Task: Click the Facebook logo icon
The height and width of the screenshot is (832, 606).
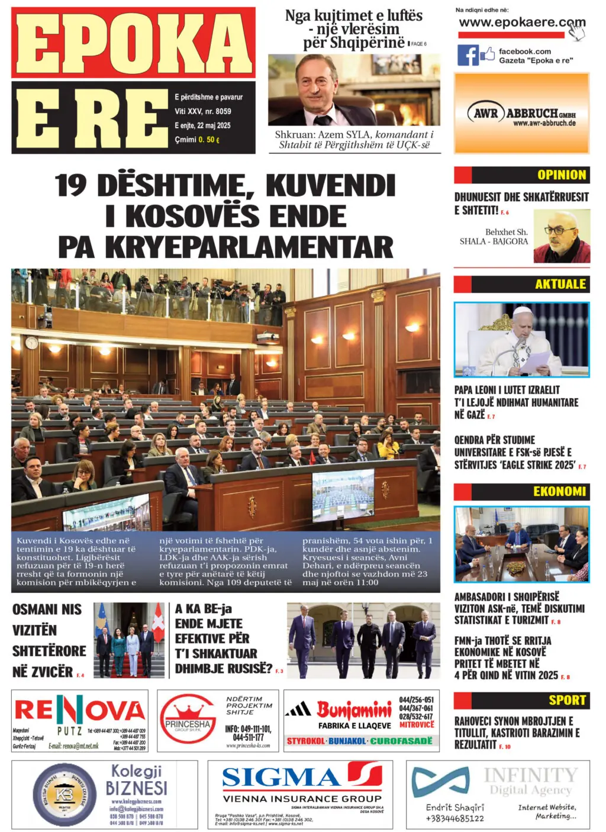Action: [x=468, y=55]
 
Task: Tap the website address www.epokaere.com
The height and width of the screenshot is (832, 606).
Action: [x=521, y=22]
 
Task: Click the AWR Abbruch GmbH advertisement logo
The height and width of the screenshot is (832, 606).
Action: [x=521, y=114]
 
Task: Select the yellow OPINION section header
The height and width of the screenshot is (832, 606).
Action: [x=561, y=175]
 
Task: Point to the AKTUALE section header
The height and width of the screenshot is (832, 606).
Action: [x=560, y=284]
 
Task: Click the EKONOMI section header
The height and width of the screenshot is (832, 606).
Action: [x=559, y=491]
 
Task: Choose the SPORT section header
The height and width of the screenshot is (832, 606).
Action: [x=566, y=700]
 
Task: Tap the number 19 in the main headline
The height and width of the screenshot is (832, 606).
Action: [x=70, y=185]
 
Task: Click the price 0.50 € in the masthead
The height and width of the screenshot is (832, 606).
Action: [x=209, y=140]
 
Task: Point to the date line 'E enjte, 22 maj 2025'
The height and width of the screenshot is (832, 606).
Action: [x=202, y=125]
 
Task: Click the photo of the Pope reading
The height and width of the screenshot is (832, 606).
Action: [x=521, y=340]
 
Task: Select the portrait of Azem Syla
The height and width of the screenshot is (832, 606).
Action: [x=353, y=90]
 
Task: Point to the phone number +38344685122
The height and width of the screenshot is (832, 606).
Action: [x=454, y=818]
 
